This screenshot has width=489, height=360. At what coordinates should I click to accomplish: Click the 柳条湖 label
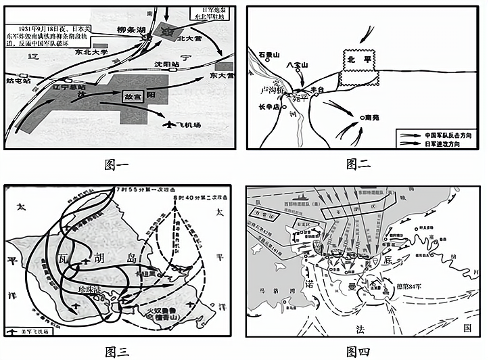click(x=131, y=30)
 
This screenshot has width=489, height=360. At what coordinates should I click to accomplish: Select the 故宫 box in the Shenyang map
click(x=133, y=96)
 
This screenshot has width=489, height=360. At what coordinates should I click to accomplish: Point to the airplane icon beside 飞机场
click(x=168, y=125)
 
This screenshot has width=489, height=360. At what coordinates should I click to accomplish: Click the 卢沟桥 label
click(x=263, y=89)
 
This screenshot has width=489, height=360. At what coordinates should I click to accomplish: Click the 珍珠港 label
click(x=91, y=288)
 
